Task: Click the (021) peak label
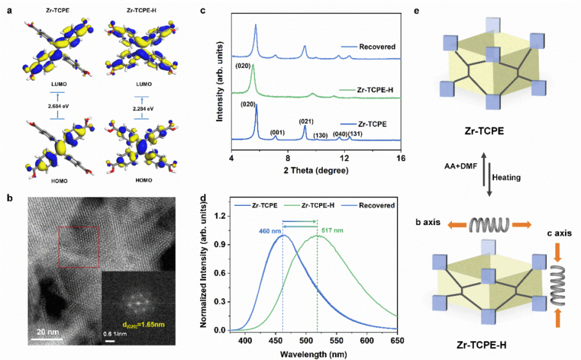click(x=306, y=121)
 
